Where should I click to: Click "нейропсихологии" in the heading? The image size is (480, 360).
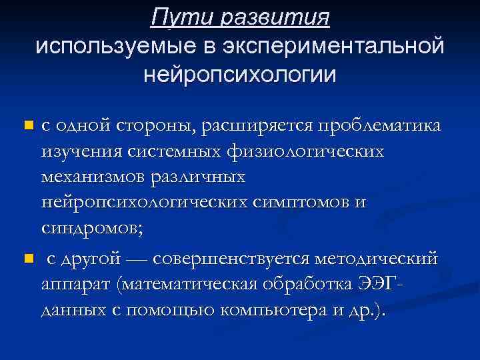(x=240, y=73)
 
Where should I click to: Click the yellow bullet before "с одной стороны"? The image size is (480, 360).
(x=27, y=125)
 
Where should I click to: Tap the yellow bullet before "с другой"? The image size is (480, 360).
(x=27, y=258)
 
